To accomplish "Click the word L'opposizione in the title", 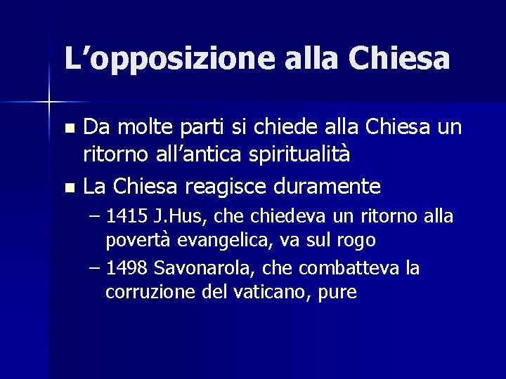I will [x=169, y=58].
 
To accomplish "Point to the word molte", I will [x=146, y=128].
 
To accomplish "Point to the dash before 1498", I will [x=96, y=268].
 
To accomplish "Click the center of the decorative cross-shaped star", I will [x=49, y=102].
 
